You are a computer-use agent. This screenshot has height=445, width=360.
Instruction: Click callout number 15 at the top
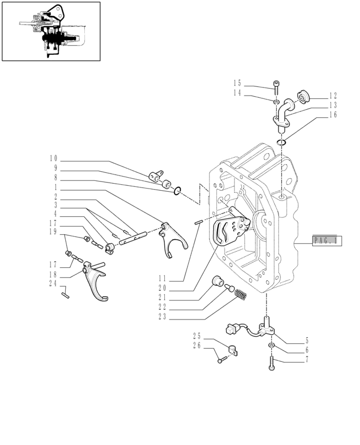237,83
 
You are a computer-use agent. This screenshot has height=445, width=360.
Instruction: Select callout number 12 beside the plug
333,95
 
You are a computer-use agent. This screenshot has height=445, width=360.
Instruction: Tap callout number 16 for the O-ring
333,115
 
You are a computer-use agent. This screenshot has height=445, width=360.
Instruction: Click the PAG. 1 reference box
326,240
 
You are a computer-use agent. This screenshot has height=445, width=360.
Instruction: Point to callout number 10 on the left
53,159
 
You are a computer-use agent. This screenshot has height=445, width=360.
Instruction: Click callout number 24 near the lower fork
53,284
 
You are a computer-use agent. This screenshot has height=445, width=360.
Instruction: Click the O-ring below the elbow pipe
281,142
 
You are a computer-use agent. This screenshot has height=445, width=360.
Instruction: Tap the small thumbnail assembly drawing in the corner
51,31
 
